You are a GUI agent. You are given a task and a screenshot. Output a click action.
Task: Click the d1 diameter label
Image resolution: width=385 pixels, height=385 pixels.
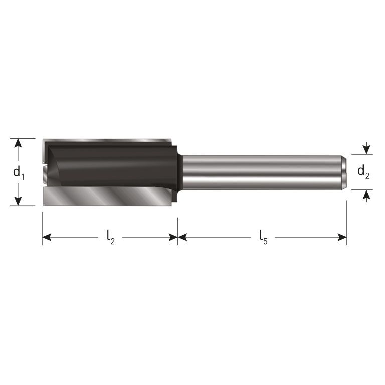19,173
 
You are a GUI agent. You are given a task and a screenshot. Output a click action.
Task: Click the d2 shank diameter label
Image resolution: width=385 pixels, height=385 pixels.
363,172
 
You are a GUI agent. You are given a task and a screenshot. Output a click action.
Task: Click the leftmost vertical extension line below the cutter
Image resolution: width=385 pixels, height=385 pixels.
42,228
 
